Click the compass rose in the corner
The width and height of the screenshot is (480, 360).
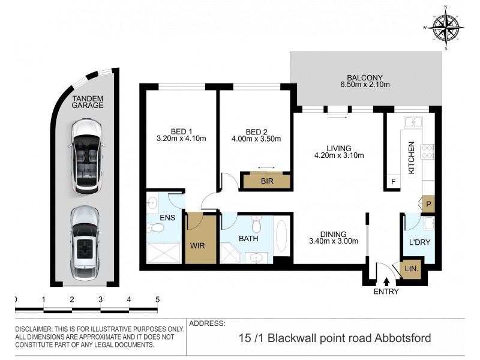[445, 26]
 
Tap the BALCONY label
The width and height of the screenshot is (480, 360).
[364, 77]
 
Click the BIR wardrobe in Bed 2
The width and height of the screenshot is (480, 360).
[266, 181]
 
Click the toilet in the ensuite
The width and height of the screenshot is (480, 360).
[155, 227]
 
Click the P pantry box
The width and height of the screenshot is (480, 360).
[428, 204]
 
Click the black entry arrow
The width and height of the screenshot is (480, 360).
[386, 280]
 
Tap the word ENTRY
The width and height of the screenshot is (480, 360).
[385, 292]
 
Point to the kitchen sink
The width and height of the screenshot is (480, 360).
[414, 122]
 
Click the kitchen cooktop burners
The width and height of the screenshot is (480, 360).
[428, 152]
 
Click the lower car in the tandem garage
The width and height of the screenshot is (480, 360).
[86, 241]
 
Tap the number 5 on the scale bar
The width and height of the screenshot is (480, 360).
[157, 299]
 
